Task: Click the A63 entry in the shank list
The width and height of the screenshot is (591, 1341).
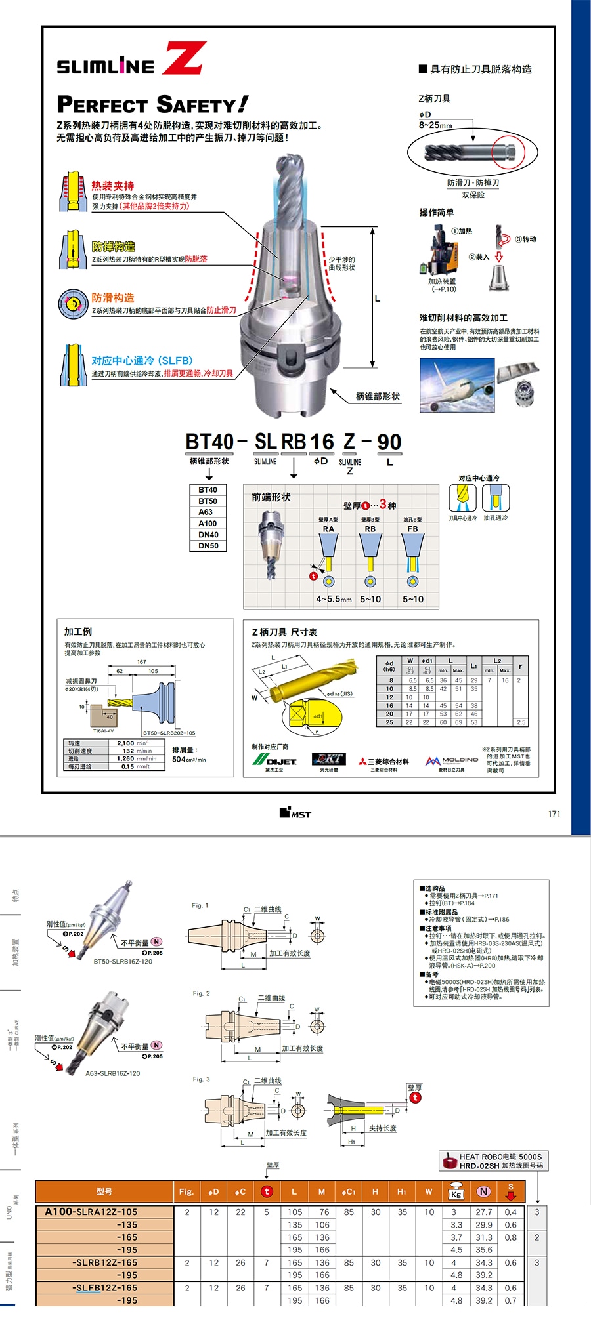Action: (207, 512)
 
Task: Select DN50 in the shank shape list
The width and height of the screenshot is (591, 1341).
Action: (208, 546)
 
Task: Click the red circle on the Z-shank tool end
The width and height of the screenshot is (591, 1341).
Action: (509, 152)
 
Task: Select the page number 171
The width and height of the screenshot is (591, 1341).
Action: (554, 814)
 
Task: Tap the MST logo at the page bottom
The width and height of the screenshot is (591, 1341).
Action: (295, 814)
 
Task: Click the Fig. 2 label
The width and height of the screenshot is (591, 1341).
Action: (201, 993)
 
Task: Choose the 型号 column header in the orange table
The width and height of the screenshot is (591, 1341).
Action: (104, 1191)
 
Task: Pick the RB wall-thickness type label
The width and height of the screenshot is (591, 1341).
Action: (370, 529)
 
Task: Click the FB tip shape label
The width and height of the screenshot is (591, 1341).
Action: (412, 529)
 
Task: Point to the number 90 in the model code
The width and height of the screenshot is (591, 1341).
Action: (389, 442)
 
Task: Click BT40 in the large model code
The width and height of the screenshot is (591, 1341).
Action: (209, 442)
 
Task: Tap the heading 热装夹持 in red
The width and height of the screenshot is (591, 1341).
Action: (113, 186)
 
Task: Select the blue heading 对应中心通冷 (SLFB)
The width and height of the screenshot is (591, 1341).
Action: (142, 361)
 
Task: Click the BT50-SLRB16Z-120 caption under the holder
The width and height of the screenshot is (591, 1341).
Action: (123, 962)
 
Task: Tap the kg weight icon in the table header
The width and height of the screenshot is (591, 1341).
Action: (456, 1191)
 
